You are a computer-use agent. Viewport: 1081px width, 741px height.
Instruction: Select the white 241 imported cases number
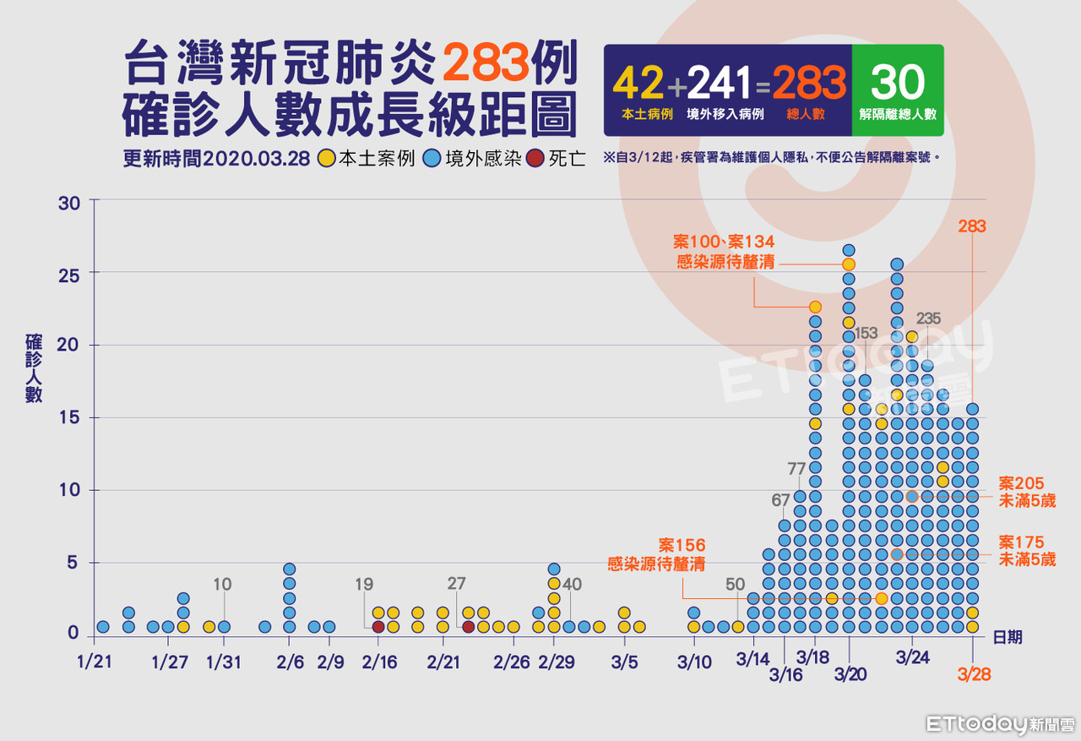tap(719, 84)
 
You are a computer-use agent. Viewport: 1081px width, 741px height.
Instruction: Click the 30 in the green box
tap(897, 83)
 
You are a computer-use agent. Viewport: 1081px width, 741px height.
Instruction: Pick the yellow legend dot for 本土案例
tap(326, 159)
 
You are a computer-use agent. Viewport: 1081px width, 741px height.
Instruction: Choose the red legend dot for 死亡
tap(535, 159)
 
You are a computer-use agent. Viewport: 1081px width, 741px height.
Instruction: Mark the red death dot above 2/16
tap(378, 626)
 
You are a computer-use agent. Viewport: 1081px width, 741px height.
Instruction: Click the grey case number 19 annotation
tap(364, 583)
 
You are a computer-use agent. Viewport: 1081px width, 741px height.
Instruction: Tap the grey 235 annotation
tap(928, 319)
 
